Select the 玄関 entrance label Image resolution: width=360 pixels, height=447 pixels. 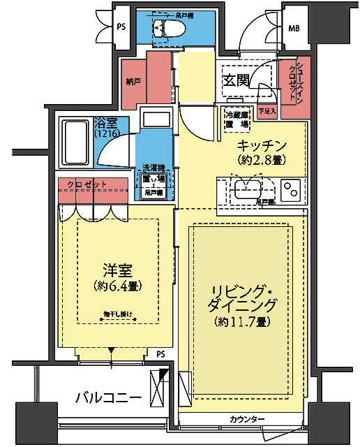coord(237,80)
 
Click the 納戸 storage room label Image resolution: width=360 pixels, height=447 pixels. coord(133,82)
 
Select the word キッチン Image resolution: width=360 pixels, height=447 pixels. coord(262,145)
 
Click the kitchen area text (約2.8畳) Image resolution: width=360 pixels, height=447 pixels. coord(262,160)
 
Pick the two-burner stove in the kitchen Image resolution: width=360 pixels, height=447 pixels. coord(290,189)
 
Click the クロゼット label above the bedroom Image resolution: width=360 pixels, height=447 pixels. coord(87,184)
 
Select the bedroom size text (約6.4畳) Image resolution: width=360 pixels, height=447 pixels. coord(117,285)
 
